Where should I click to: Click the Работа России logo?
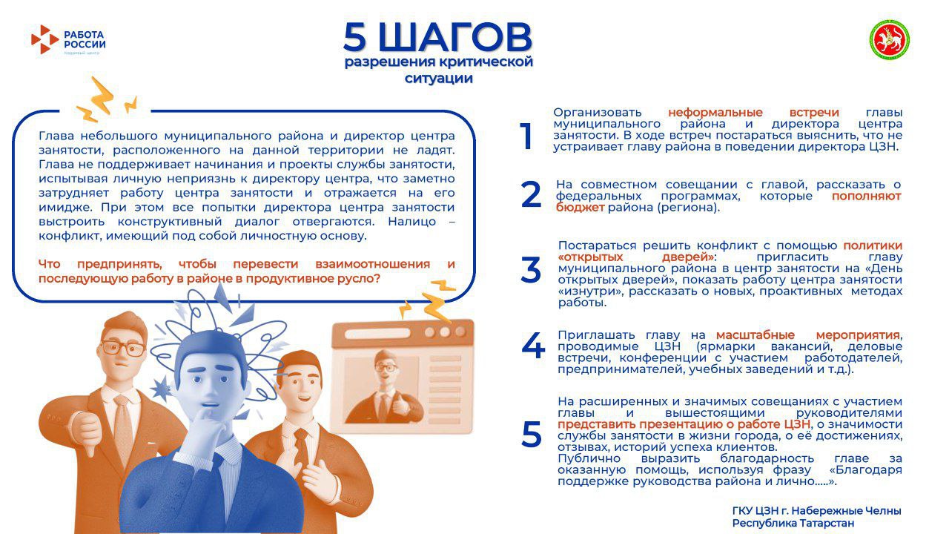tap(68, 39)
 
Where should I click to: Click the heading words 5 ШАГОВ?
tap(437, 36)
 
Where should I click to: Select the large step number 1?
tap(526, 136)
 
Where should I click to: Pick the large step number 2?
tap(531, 194)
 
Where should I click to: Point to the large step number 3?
tap(531, 271)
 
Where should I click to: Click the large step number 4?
tap(532, 346)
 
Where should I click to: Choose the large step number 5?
tap(531, 435)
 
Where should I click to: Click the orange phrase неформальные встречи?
tap(753, 112)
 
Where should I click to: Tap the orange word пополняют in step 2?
tap(866, 197)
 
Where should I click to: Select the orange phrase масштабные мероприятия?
tap(808, 334)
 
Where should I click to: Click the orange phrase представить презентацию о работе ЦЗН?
tap(684, 423)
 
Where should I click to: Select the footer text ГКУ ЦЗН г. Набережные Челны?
tap(816, 510)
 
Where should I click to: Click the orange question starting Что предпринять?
tap(246, 271)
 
